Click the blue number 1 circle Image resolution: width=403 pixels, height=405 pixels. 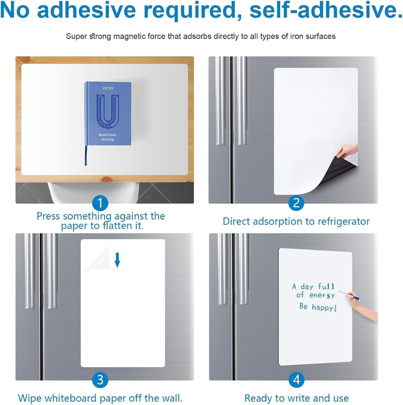(x=100, y=203)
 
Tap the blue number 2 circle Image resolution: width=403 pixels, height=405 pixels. (x=296, y=203)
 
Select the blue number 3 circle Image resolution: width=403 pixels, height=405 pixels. (x=100, y=380)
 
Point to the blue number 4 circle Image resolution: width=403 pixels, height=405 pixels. (x=296, y=380)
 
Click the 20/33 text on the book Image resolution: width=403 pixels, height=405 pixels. (x=108, y=88)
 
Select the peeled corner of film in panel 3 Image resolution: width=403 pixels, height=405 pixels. (x=99, y=258)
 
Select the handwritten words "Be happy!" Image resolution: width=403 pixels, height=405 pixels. (x=318, y=307)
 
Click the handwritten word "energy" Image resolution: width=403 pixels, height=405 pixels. (x=322, y=295)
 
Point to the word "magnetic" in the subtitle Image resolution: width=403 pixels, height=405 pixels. (x=130, y=36)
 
